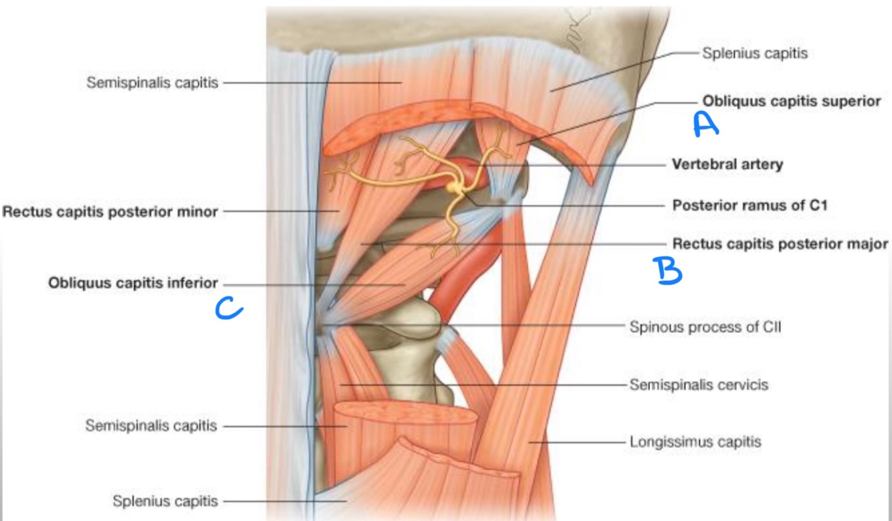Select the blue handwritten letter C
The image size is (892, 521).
tap(227, 308)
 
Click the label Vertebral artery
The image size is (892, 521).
tap(727, 164)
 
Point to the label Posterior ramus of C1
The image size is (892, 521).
tap(750, 205)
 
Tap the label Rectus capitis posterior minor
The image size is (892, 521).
tap(110, 212)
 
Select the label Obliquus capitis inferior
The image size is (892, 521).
tap(133, 283)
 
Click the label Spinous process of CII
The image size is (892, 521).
tap(705, 327)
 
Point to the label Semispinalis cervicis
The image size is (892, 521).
tap(699, 385)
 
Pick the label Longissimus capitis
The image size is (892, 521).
tap(695, 441)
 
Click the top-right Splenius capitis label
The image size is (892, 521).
tap(754, 54)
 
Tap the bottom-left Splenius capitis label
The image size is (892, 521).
tap(164, 500)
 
